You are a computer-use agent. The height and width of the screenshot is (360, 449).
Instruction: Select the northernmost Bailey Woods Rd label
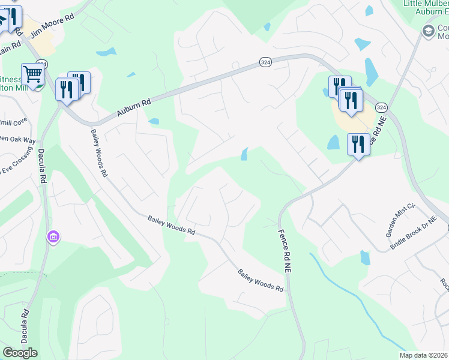coord(99,152)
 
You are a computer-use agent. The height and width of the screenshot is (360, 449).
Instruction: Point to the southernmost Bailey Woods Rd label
coord(261,280)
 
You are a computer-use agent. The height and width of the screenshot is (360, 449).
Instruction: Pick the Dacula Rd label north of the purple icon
coord(43,166)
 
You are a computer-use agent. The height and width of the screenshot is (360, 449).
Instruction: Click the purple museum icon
coord(53,238)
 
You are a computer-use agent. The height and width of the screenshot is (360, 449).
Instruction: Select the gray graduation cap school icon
coord(429,31)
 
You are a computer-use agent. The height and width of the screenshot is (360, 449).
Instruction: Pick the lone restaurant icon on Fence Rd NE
coord(358,144)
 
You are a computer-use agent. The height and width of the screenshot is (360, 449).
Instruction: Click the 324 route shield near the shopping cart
coord(41,63)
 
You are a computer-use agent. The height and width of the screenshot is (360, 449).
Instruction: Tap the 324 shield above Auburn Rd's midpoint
coord(265,62)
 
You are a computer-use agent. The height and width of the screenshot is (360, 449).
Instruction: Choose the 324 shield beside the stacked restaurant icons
coord(381,107)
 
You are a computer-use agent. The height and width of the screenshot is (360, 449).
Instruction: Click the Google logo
coord(20,352)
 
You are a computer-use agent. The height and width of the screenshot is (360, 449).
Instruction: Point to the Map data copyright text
coord(423,355)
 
